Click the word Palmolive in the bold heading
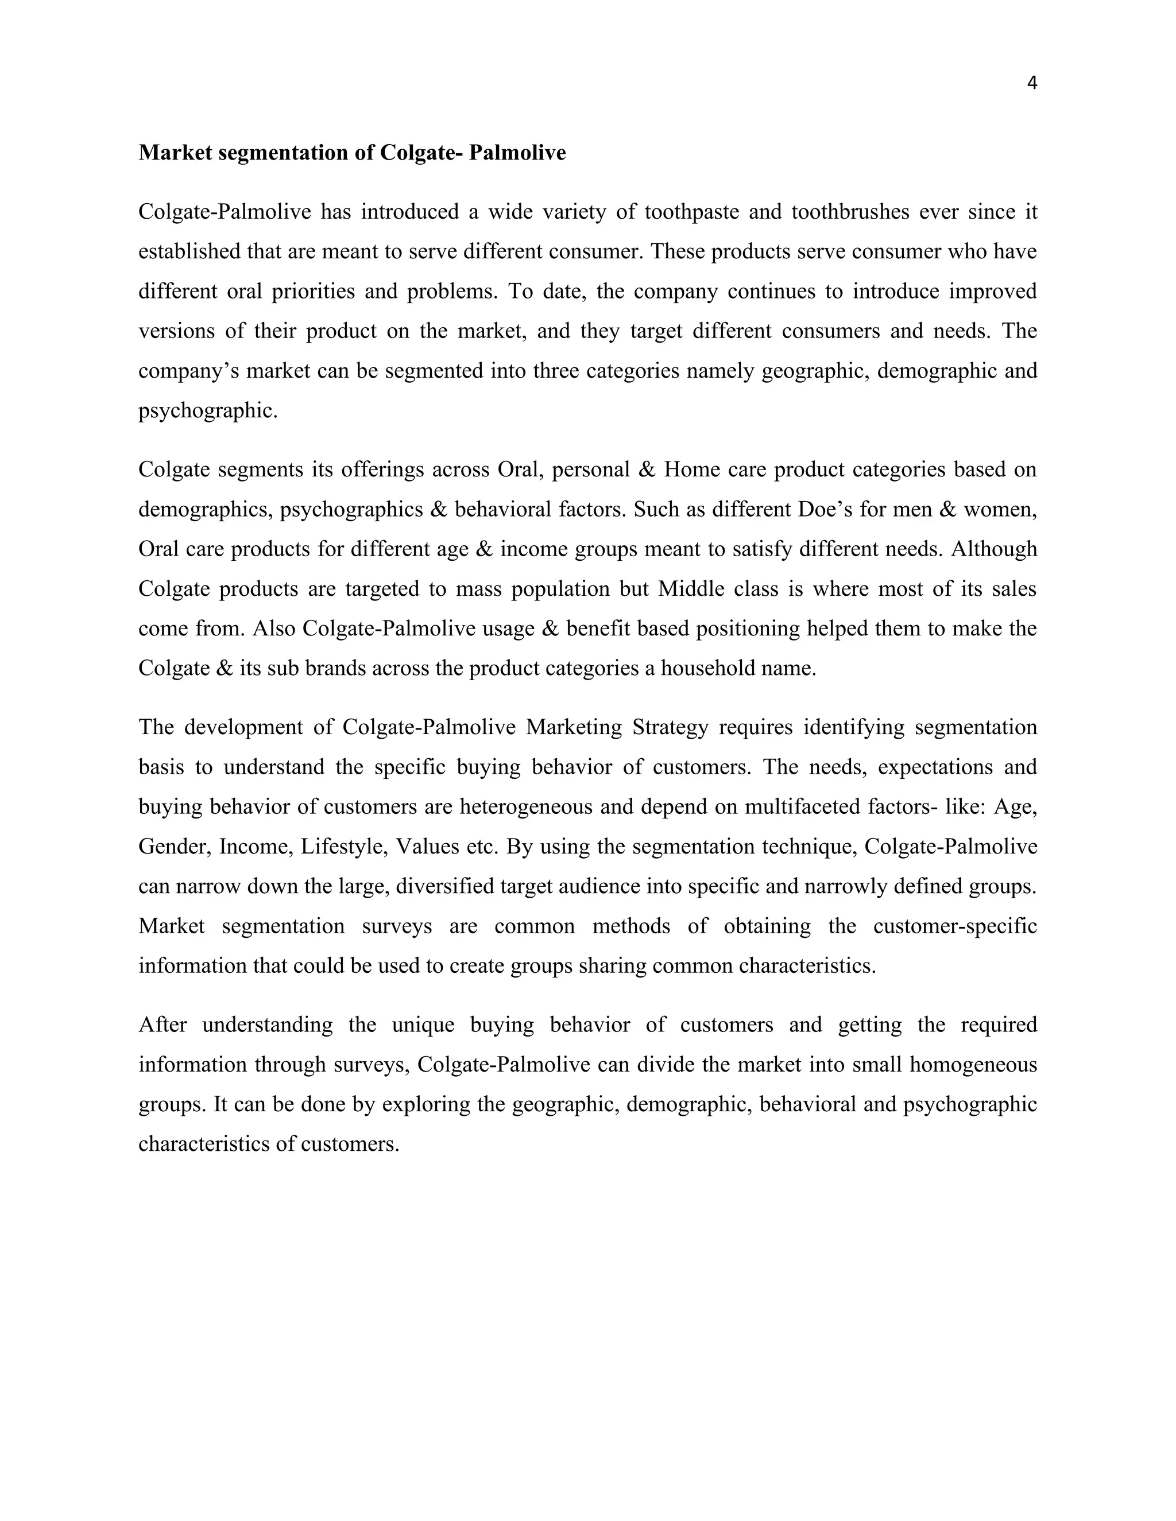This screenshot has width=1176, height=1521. tap(517, 153)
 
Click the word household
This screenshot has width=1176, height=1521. tap(703, 669)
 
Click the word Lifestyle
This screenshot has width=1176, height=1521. tap(344, 847)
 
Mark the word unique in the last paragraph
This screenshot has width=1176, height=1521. tap(422, 1025)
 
